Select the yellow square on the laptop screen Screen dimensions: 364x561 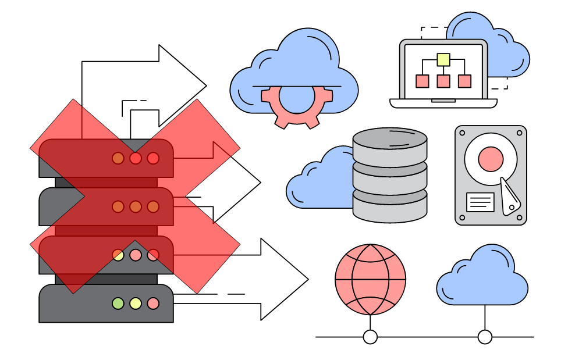coord(443,59)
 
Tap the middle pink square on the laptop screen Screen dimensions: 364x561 coord(443,81)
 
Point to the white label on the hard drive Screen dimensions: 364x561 coord(480,202)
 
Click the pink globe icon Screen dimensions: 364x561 coord(370,280)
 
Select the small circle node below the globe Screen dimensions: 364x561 coord(370,337)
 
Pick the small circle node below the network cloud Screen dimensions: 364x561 coord(485,337)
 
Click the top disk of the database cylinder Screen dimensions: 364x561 coord(390,140)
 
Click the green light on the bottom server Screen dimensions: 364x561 coord(118,303)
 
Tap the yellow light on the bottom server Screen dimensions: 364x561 coord(136,303)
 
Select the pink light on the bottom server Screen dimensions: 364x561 coord(153,303)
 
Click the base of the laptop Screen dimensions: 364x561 coord(443,104)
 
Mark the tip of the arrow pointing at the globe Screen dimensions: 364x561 coord(307,280)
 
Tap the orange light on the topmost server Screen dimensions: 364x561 coord(118,158)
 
